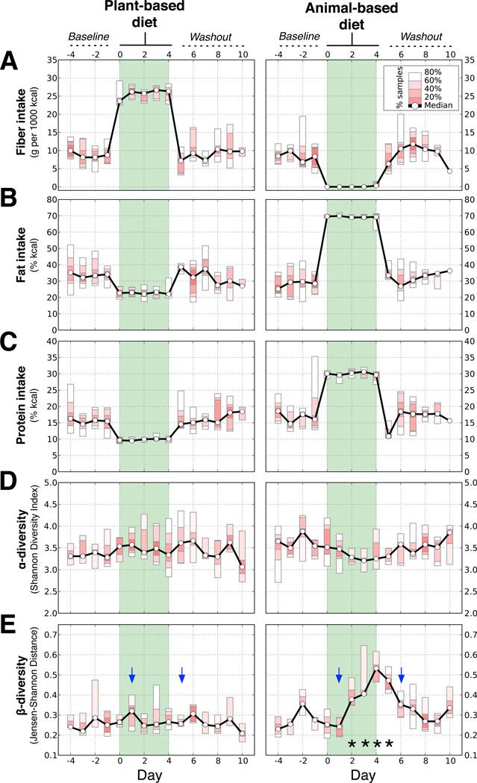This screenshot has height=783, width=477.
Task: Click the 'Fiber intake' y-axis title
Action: pos(23,122)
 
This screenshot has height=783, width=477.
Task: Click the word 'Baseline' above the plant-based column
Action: pos(88,35)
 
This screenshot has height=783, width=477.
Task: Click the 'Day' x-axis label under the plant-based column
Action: pos(145,773)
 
